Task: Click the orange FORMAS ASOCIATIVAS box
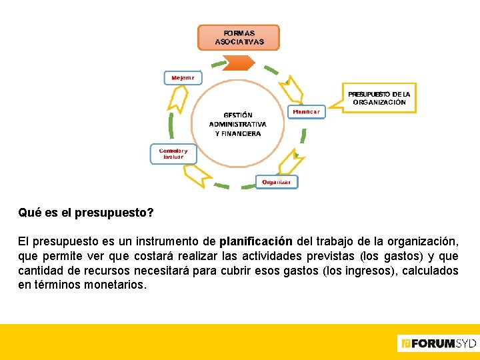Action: pos(239,37)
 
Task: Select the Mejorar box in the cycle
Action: pos(182,77)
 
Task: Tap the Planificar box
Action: pos(307,111)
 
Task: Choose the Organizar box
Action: pos(276,182)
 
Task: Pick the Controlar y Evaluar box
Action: pos(173,153)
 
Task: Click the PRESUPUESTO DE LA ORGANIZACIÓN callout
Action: pos(379,98)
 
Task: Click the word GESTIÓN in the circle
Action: pos(238,115)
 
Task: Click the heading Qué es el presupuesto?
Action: pos(86,213)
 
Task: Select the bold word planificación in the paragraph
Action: pos(255,241)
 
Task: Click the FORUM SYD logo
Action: pos(437,343)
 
